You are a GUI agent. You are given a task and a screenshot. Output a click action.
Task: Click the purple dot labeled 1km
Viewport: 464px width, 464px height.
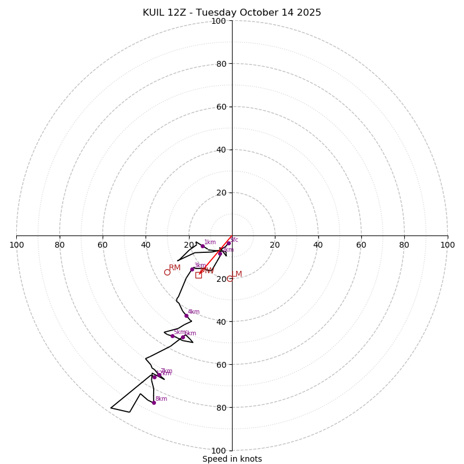click(202, 246)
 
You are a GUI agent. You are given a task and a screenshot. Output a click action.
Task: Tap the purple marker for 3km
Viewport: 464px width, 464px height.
click(192, 269)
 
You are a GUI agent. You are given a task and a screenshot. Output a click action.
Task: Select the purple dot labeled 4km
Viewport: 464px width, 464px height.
click(186, 316)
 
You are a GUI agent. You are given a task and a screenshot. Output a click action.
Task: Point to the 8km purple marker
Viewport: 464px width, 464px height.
click(154, 403)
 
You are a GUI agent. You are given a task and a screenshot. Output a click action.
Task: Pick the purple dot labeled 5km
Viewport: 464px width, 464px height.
click(172, 336)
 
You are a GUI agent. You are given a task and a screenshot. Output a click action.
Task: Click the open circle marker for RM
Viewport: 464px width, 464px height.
click(167, 272)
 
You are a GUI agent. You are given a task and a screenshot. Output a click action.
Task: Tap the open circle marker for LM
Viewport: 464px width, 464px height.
click(230, 278)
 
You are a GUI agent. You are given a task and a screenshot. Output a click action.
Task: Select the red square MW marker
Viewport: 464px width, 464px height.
click(198, 275)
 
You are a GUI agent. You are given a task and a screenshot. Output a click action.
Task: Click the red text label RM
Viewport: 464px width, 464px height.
click(175, 267)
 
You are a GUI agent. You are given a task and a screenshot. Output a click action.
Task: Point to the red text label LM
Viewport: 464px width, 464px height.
click(237, 274)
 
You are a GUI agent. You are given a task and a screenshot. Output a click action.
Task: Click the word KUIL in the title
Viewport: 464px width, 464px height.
click(154, 13)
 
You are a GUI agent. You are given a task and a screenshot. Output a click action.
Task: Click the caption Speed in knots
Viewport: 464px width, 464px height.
click(232, 459)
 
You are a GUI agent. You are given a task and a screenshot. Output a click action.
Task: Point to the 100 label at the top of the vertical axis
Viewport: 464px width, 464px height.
click(219, 21)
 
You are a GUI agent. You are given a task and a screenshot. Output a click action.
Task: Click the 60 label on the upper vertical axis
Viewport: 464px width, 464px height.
click(221, 107)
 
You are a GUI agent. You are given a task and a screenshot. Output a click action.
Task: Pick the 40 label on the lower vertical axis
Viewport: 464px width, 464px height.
click(221, 321)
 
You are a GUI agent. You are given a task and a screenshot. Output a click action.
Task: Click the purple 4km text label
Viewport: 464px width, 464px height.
click(194, 311)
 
